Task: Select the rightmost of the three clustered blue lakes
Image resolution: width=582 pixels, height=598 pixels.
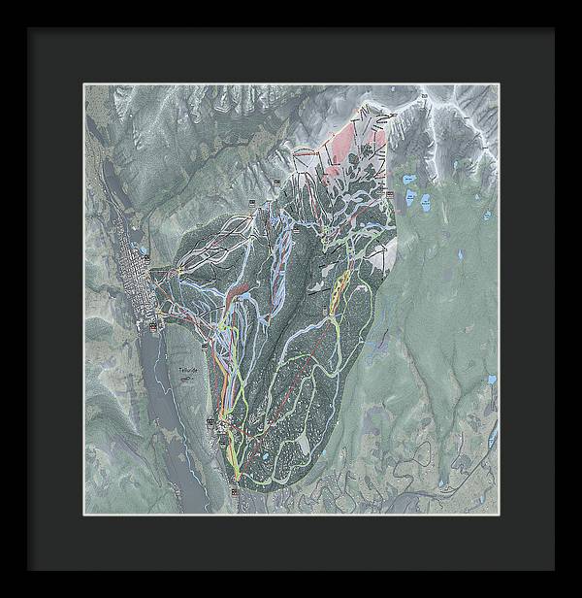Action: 425,202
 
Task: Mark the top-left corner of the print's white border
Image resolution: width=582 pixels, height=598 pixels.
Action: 83,84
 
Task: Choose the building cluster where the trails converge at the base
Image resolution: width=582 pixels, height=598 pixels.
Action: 227,427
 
